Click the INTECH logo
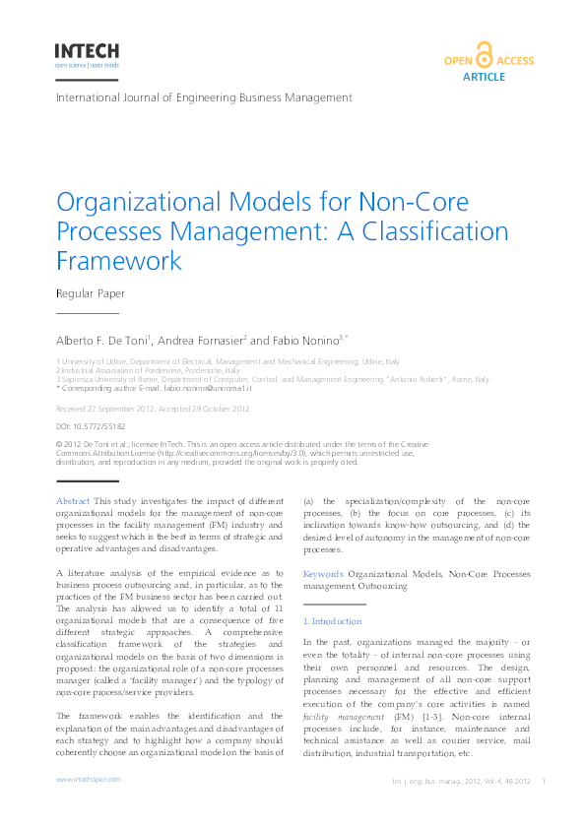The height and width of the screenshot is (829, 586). pos(88,52)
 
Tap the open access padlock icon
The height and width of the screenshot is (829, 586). pos(483,55)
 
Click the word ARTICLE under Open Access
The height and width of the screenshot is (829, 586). pos(483,76)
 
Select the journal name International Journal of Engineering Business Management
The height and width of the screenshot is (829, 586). pos(204,97)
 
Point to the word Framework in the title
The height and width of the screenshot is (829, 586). pos(119,261)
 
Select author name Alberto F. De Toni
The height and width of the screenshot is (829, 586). pos(102,340)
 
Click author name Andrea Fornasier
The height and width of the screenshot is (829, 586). pos(199,340)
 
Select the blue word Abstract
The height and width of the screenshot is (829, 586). pos(73,502)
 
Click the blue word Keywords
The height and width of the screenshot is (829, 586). pos(323,573)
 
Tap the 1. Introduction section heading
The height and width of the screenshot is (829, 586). pos(332,621)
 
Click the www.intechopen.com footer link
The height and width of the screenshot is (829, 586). pos(88,779)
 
